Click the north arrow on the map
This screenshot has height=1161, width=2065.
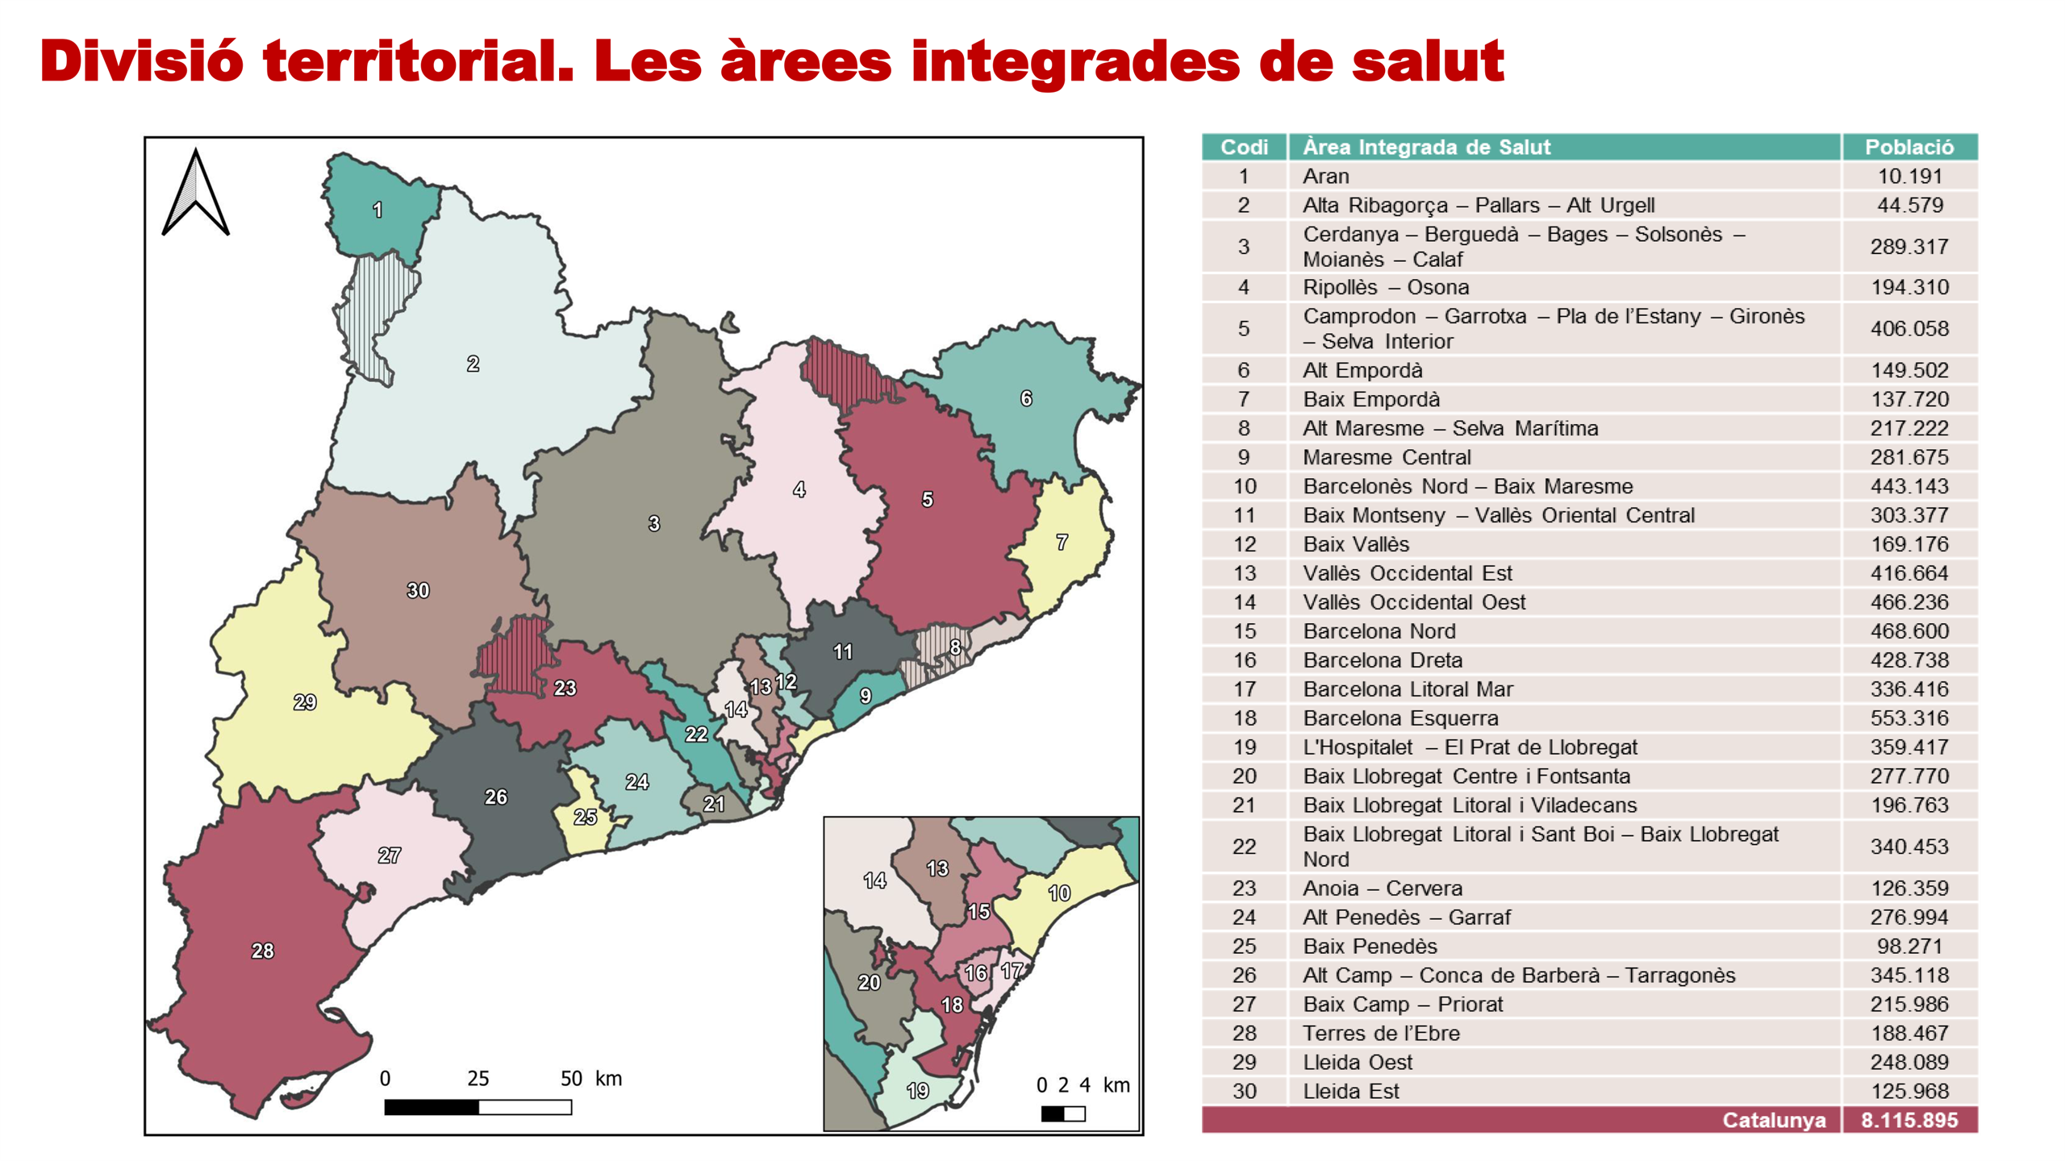(196, 193)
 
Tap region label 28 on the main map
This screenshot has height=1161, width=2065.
(262, 951)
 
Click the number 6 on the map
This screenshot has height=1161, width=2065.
(1026, 398)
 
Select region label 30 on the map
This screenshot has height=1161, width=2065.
(418, 590)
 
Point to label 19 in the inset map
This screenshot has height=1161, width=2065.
(918, 1091)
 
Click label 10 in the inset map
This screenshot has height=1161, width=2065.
(1059, 893)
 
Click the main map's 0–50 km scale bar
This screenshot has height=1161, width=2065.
(478, 1107)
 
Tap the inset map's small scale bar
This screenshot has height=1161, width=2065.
(1062, 1113)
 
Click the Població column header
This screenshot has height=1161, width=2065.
(1909, 147)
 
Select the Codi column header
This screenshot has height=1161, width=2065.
(1244, 147)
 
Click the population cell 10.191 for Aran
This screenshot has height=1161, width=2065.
(1909, 176)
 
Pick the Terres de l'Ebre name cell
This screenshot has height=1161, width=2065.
(1381, 1033)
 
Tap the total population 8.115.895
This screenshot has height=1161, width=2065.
(1909, 1120)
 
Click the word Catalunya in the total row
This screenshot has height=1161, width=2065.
(1773, 1120)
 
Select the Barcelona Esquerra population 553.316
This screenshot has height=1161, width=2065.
(1909, 718)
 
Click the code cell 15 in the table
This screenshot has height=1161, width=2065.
(1244, 630)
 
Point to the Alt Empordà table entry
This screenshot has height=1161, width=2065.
(1362, 370)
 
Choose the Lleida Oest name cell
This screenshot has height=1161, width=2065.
(1358, 1062)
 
